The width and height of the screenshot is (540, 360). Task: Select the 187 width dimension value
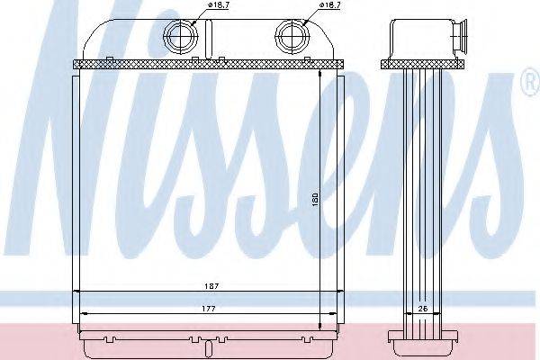[211, 286]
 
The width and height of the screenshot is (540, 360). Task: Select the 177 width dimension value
[209, 309]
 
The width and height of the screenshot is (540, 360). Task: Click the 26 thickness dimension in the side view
[423, 309]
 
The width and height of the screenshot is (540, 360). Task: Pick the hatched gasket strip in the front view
[209, 65]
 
